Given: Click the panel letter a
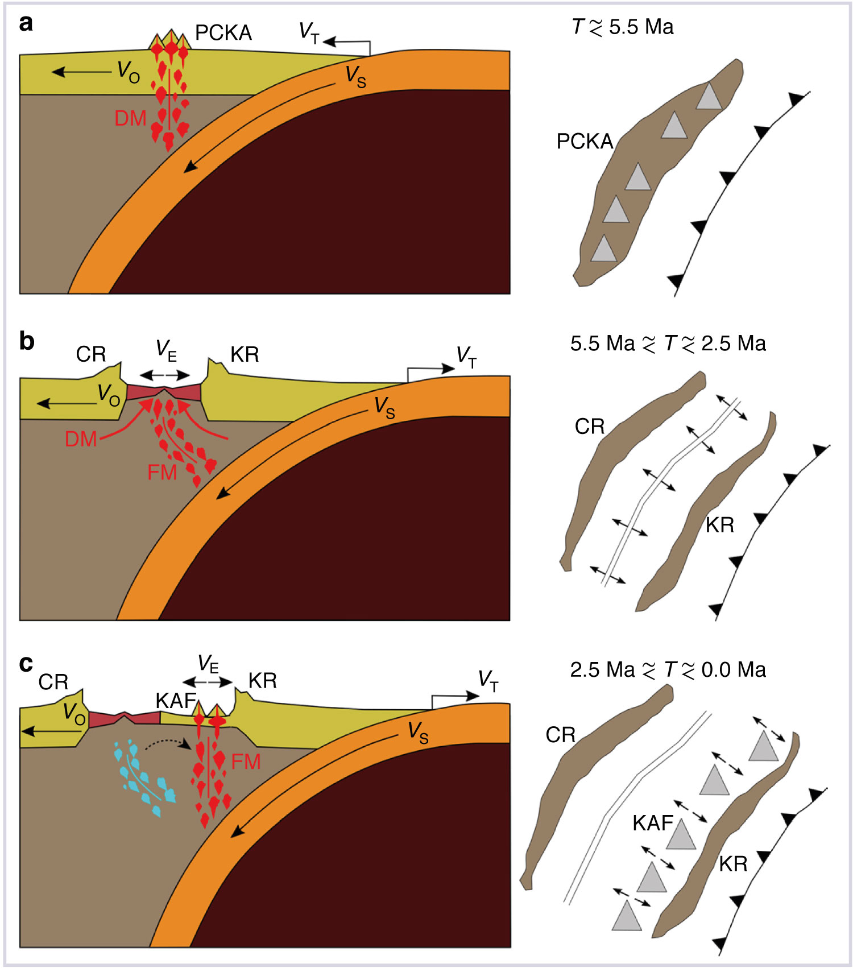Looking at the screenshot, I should point(26,24).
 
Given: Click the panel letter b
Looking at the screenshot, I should point(27,341).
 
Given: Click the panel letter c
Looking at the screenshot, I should point(26,664).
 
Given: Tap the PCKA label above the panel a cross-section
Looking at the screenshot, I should point(223,33).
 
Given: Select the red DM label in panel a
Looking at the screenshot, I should point(130,118).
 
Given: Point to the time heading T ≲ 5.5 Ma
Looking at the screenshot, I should point(623,27).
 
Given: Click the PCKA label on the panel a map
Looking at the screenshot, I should point(585,142).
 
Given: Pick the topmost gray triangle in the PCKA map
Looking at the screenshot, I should point(709,96).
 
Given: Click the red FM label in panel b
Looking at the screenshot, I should point(162,472).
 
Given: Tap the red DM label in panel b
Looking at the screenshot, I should point(81,439).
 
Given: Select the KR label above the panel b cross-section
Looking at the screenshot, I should point(245,355).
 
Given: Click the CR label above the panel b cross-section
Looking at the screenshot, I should point(91,354).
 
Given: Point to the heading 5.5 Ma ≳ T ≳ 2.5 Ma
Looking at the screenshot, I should point(668,344).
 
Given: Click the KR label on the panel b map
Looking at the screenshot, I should point(719,525).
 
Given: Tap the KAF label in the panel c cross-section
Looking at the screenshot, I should point(176,701).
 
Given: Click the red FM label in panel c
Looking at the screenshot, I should point(246,762).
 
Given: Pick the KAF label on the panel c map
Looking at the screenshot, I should point(652,823).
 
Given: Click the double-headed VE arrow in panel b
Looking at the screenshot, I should point(165,375).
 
